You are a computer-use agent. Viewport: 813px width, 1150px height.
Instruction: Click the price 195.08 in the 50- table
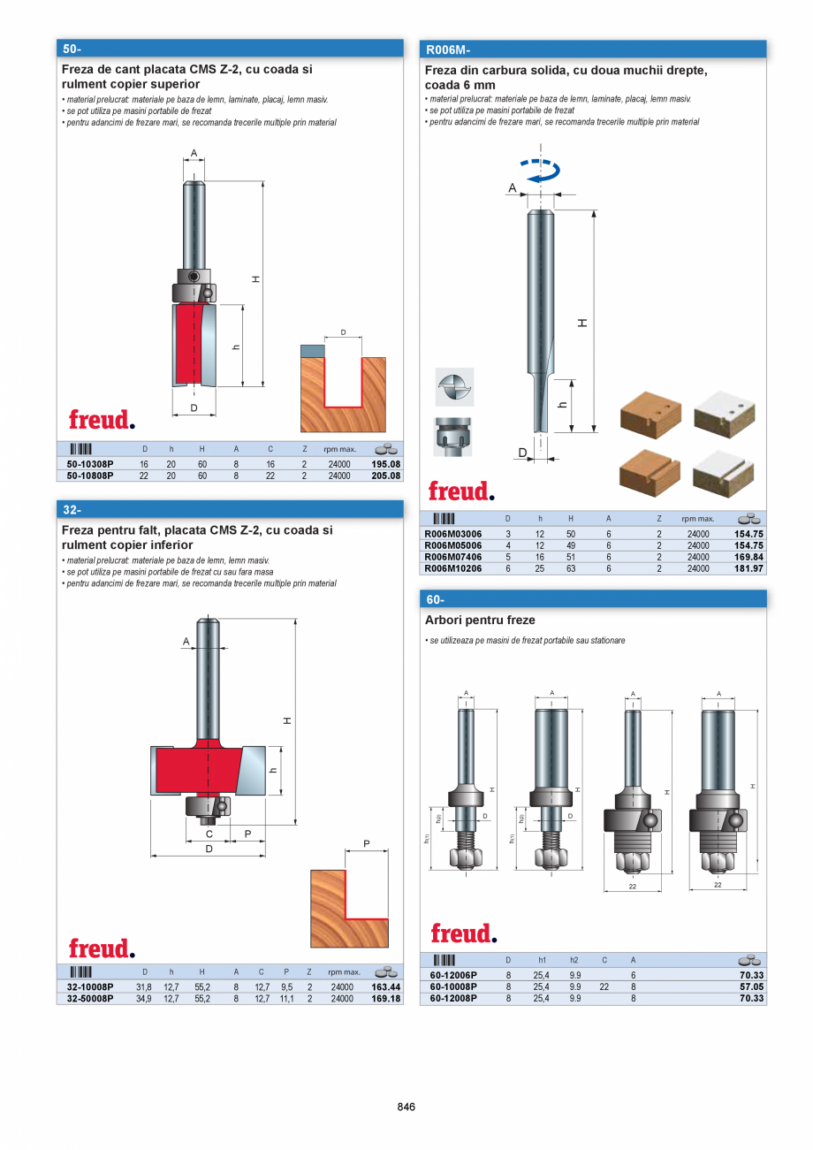coord(386,464)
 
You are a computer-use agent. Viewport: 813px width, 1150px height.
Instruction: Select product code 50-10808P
coord(90,476)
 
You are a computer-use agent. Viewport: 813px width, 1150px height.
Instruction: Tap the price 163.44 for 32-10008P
coord(386,987)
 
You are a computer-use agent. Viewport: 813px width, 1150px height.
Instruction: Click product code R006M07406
coord(453,558)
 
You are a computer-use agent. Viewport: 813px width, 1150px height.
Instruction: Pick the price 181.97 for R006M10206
coord(748,568)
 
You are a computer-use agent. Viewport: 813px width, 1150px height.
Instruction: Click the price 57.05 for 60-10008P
coord(751,986)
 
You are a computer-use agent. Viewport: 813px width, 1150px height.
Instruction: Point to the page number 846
coord(406,1107)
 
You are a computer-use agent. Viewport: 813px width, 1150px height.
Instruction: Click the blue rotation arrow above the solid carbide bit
coord(540,171)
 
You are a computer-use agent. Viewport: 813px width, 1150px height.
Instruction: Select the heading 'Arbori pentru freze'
coord(480,621)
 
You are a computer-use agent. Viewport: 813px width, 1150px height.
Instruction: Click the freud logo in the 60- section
coord(463,933)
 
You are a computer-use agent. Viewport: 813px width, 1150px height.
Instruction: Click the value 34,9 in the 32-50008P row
coord(143,998)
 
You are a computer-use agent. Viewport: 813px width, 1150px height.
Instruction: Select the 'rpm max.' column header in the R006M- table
coord(697,519)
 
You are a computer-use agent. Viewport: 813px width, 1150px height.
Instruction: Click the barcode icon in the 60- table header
coord(444,960)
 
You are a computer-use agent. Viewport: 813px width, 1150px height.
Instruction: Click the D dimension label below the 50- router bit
coord(193,407)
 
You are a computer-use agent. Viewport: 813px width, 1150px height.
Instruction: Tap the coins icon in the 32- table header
coord(385,971)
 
